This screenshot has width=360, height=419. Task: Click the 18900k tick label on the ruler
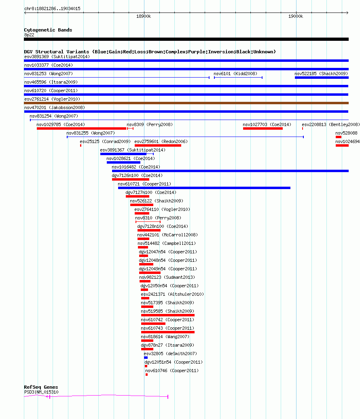[x=144, y=16]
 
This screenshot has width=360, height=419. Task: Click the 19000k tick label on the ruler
[x=296, y=16]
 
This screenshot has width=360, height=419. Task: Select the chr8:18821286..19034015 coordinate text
[x=52, y=8]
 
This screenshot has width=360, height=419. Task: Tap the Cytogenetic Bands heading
[x=48, y=30]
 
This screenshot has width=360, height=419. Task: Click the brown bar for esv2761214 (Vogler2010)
[x=186, y=103]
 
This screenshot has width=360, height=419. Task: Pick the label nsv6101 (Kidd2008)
[x=235, y=74]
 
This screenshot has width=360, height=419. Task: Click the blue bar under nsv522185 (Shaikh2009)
[x=322, y=78]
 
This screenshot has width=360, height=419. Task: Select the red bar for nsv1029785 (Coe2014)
[x=82, y=128]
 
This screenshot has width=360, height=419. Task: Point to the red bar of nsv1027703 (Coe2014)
[x=263, y=128]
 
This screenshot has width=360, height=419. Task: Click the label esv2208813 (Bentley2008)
[x=331, y=124]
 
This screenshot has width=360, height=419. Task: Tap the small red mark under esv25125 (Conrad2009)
[x=81, y=145]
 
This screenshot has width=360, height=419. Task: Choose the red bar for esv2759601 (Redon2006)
[x=158, y=145]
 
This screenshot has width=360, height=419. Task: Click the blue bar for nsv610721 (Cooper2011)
[x=204, y=188]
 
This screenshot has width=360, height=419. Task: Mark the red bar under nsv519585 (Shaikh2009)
[x=168, y=315]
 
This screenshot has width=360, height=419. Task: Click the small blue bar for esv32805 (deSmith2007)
[x=146, y=358]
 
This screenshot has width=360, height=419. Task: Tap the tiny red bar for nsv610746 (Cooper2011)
[x=146, y=375]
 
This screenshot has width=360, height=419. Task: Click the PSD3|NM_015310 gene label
[x=41, y=392]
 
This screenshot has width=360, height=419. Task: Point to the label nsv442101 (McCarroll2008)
[x=167, y=235]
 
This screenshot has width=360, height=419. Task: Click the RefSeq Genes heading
[x=41, y=387]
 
